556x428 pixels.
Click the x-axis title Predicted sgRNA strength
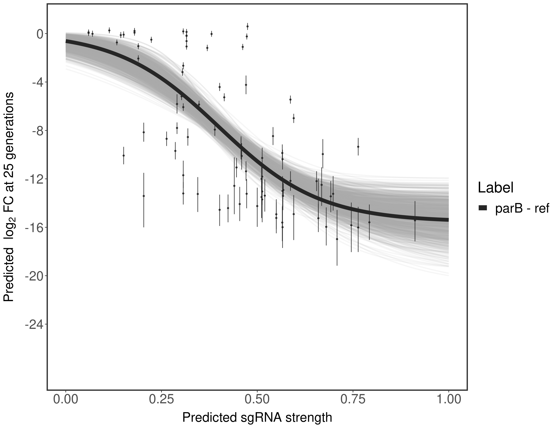257,418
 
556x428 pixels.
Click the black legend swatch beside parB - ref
483,208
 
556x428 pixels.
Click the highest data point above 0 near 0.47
247,26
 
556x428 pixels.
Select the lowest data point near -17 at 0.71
337,239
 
